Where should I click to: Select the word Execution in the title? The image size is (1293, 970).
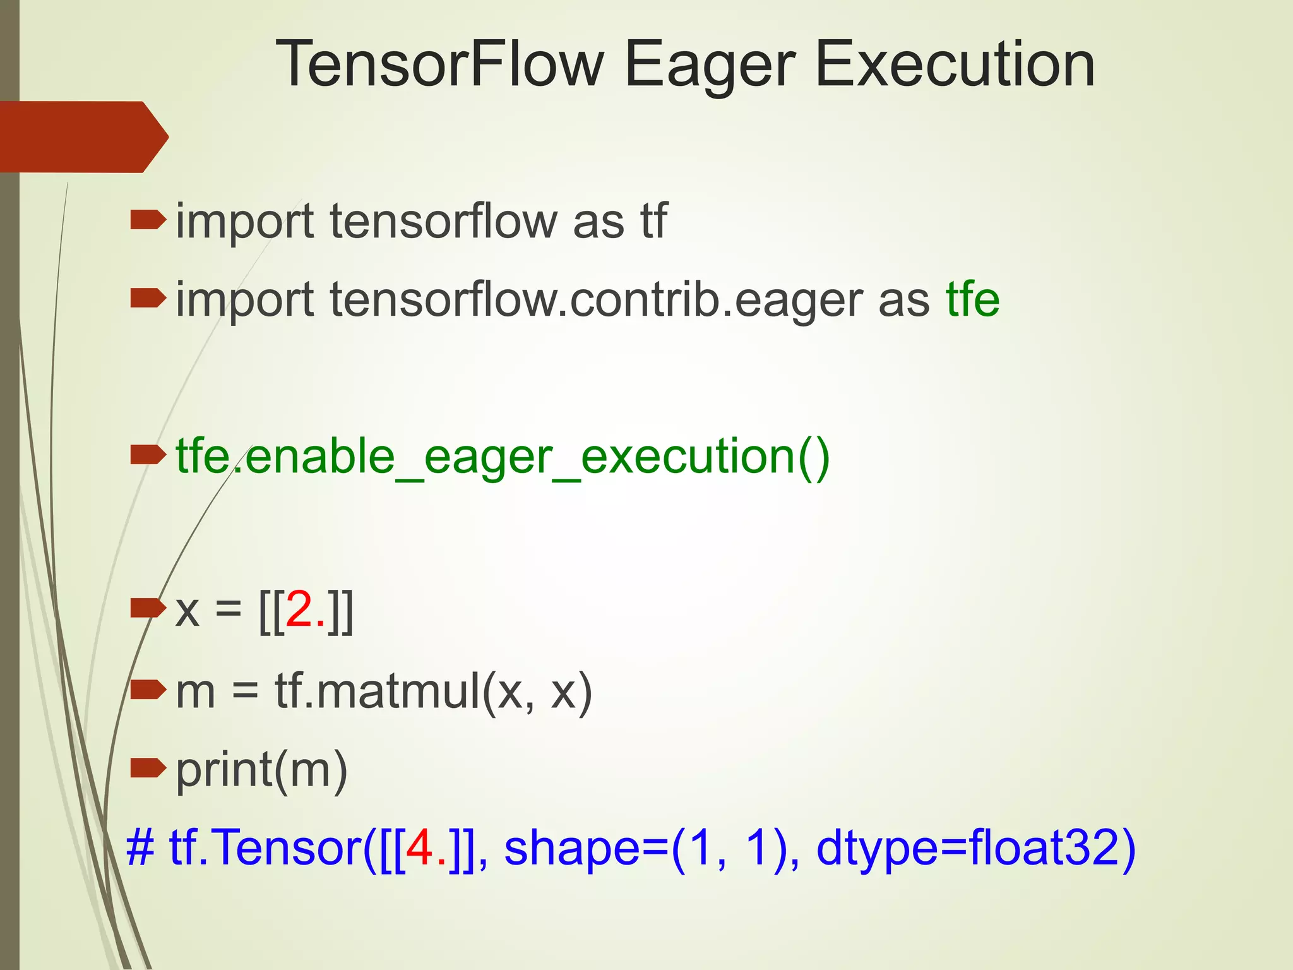tap(955, 64)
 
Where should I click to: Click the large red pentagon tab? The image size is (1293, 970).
tap(82, 136)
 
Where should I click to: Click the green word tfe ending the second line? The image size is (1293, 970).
tap(972, 299)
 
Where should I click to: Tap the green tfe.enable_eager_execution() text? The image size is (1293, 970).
tap(503, 456)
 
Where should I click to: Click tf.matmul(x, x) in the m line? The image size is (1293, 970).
tap(433, 691)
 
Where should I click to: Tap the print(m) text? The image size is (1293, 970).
tap(261, 770)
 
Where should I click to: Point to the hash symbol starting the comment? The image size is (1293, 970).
tap(140, 847)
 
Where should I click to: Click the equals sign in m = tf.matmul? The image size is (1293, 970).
tap(245, 692)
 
